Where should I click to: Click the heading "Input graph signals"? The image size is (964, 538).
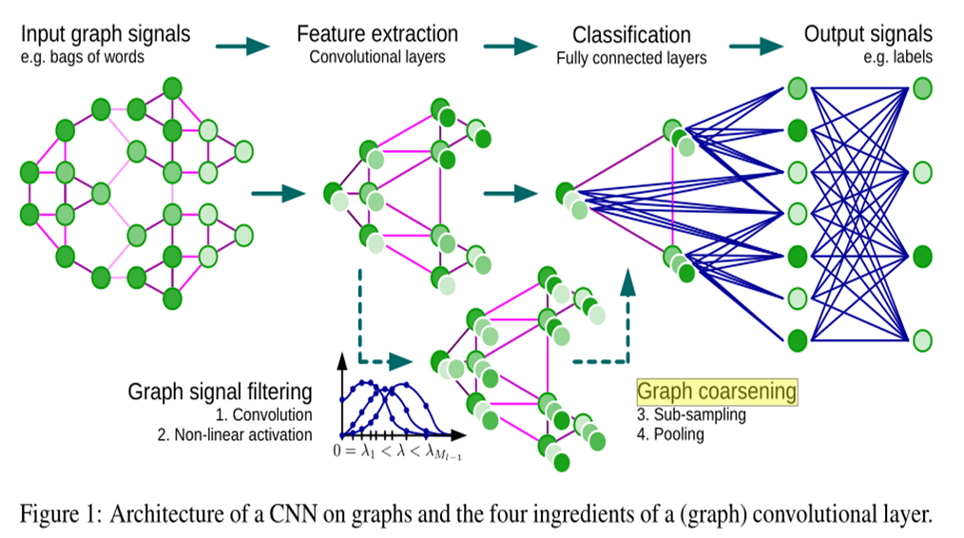point(106,34)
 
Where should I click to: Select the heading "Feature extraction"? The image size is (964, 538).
point(377,34)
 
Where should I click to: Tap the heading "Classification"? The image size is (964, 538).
point(631,36)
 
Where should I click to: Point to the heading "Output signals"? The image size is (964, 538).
point(868,34)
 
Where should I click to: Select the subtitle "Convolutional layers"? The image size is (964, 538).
point(377,56)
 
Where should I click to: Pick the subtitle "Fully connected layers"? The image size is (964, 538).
point(631,58)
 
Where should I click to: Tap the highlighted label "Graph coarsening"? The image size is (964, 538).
point(716,392)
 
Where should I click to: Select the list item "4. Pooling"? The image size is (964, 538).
point(669,433)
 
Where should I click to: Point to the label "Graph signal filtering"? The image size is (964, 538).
point(220,392)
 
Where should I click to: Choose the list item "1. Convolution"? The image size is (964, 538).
point(263,414)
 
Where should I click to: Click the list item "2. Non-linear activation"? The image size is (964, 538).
point(234,434)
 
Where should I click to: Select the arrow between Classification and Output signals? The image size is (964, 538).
point(758,45)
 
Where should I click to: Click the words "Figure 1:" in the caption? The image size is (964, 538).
point(60,514)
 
